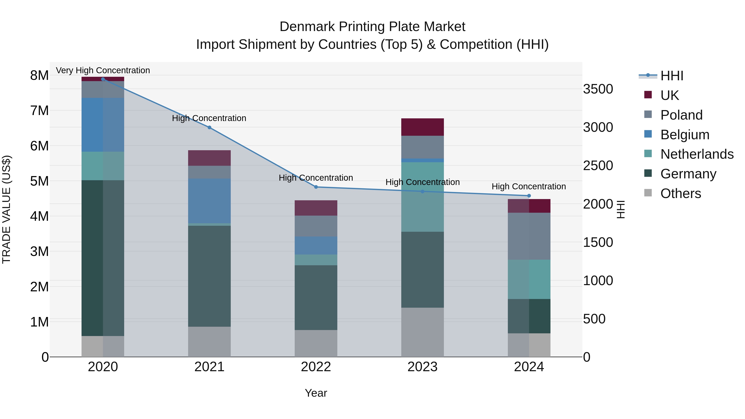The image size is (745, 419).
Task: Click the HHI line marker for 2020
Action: (103, 79)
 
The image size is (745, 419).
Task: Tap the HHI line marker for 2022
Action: (316, 187)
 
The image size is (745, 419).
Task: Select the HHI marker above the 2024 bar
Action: (529, 196)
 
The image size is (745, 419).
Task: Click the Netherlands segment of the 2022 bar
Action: (316, 260)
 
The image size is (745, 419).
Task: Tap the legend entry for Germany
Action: (688, 174)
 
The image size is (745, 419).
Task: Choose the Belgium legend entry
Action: (685, 135)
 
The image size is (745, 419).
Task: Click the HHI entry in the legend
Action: (672, 76)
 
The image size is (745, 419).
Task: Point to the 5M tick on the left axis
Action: (39, 181)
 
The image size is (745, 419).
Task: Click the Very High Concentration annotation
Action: (103, 70)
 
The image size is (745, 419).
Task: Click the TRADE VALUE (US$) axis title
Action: (6, 209)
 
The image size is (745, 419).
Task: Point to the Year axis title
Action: (316, 393)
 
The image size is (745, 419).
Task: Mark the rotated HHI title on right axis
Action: (621, 209)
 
